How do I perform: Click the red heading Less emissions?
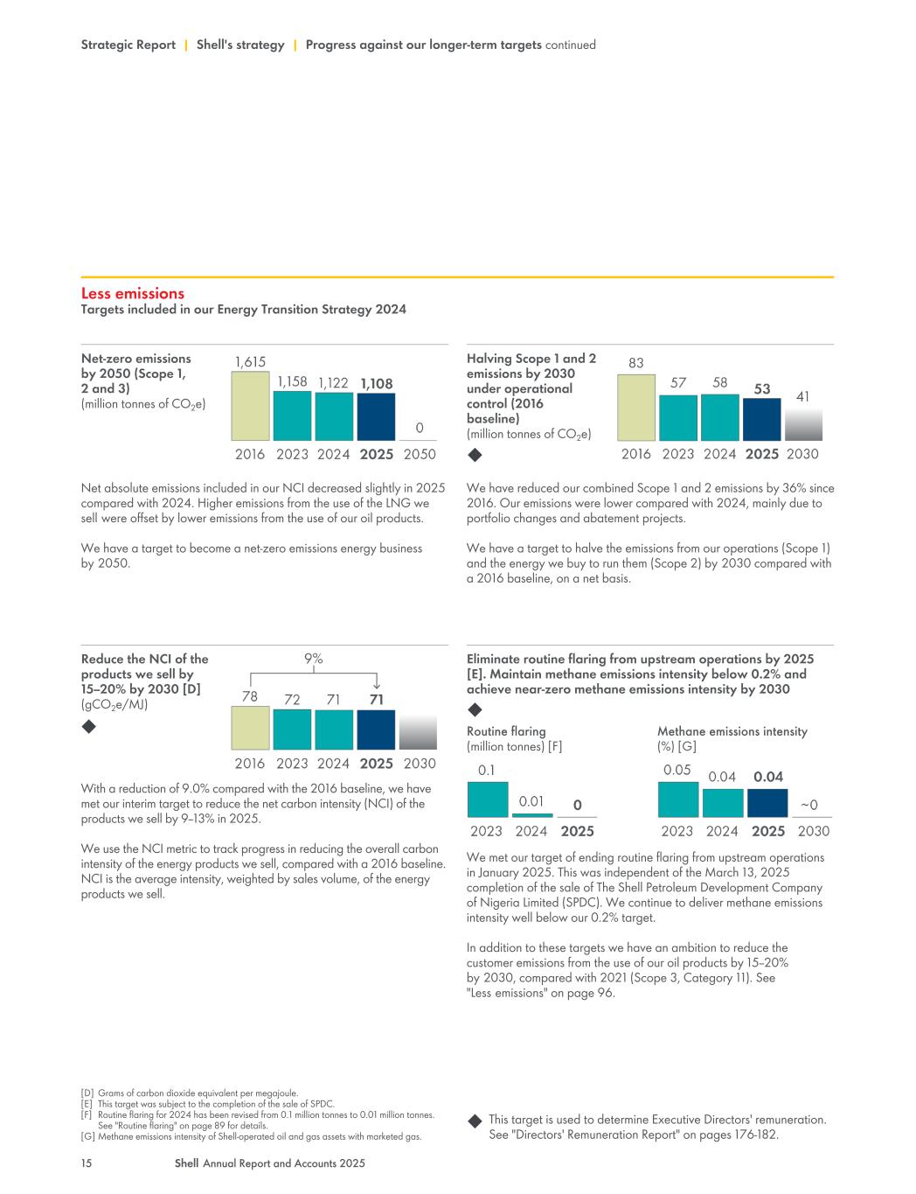[x=133, y=294]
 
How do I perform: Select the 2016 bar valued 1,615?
[x=250, y=407]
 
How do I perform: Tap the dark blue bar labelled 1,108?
[x=376, y=416]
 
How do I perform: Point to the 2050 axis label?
[x=420, y=454]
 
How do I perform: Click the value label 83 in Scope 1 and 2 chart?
[x=636, y=363]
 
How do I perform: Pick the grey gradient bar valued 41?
[x=803, y=425]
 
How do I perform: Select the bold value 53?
[x=762, y=388]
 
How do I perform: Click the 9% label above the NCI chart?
[x=313, y=660]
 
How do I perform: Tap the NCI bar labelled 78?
[x=250, y=728]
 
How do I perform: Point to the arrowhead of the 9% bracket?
[x=377, y=686]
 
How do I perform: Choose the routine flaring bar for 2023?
[x=487, y=799]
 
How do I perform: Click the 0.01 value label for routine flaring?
[x=531, y=801]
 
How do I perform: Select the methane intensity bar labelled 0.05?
[x=677, y=799]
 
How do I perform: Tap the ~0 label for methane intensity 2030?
[x=809, y=805]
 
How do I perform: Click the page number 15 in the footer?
[x=86, y=1163]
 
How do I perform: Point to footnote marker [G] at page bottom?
[x=87, y=1136]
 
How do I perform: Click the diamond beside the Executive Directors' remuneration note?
[x=475, y=1121]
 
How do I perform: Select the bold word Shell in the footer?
[x=187, y=1163]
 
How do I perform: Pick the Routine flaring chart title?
[x=506, y=731]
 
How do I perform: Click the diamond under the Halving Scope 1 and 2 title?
[x=475, y=455]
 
